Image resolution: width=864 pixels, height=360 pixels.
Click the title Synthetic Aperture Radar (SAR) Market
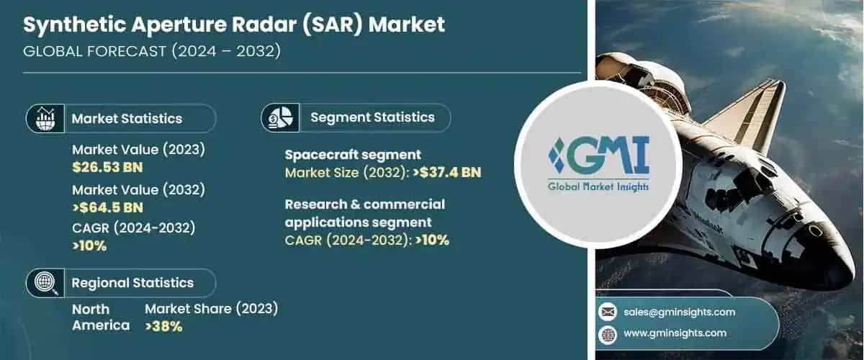(233, 24)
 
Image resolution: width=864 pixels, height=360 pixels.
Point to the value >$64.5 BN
(107, 208)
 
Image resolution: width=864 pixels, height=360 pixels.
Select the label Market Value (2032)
(139, 190)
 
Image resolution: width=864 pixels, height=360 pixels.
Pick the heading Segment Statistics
(372, 117)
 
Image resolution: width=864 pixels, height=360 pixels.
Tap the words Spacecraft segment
(353, 155)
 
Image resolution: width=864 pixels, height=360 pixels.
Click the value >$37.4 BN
(447, 172)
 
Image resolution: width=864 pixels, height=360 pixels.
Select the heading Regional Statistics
(132, 283)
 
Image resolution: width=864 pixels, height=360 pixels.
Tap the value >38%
(163, 326)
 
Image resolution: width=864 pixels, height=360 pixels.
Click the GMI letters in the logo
(606, 156)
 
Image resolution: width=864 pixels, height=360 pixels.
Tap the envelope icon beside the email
(608, 312)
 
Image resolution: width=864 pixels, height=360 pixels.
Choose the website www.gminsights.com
(675, 333)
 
